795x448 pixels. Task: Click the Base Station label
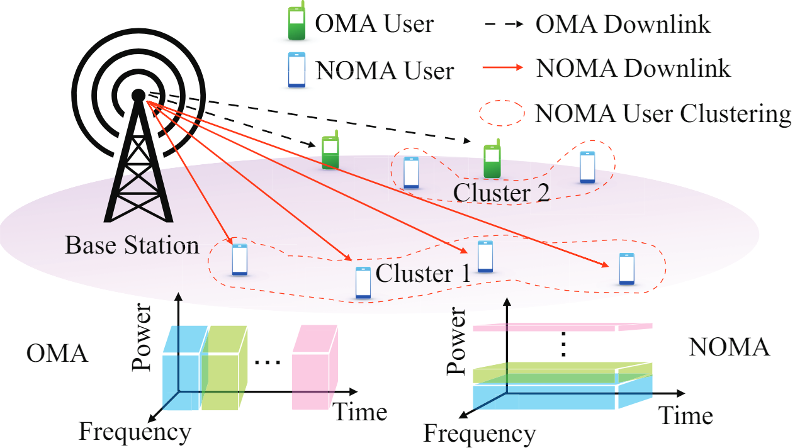click(132, 245)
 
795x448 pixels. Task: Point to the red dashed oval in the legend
click(502, 113)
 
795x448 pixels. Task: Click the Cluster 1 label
click(422, 274)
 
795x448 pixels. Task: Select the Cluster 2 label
click(502, 193)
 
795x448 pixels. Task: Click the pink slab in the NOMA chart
click(560, 327)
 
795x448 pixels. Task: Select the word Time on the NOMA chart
click(685, 416)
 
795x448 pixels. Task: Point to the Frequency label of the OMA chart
click(135, 432)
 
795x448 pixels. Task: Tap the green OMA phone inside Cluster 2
click(492, 162)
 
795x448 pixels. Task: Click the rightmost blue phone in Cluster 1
click(626, 269)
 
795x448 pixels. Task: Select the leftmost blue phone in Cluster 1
click(239, 259)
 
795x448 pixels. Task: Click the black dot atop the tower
click(138, 96)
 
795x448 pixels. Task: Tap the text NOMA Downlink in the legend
click(633, 68)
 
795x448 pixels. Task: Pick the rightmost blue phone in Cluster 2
click(587, 167)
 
